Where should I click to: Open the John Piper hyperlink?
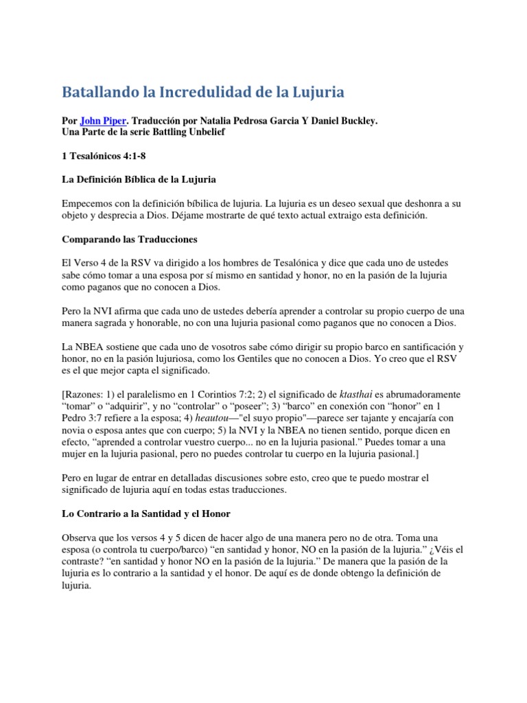click(x=103, y=121)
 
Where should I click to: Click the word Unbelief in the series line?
click(x=203, y=132)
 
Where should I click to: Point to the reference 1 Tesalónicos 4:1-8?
click(x=104, y=156)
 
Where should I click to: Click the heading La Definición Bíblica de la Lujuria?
click(x=139, y=179)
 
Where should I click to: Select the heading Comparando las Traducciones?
click(x=129, y=240)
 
